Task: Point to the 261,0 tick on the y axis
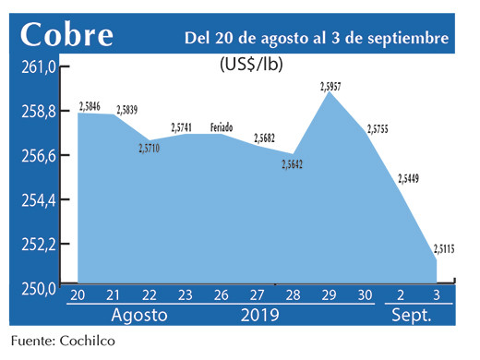click(40, 67)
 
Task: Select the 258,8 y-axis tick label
click(40, 112)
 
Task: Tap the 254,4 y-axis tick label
click(40, 199)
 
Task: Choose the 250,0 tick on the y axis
click(40, 287)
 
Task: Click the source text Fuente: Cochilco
click(65, 342)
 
